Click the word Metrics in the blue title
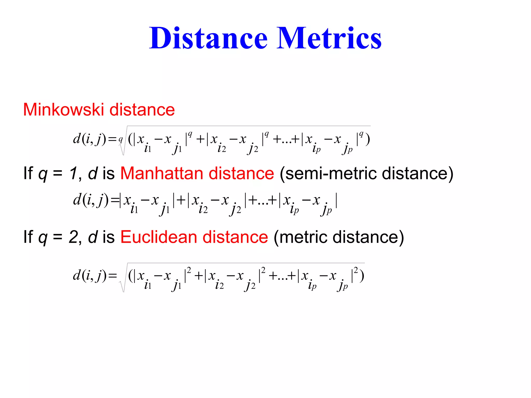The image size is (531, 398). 329,38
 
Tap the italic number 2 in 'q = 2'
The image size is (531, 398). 73,237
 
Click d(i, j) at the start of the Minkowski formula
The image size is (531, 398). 89,139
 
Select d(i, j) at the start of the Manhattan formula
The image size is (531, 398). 90,200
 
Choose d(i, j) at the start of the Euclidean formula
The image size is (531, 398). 89,275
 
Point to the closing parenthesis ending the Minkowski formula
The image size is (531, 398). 368,140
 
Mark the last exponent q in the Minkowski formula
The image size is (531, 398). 361,134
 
